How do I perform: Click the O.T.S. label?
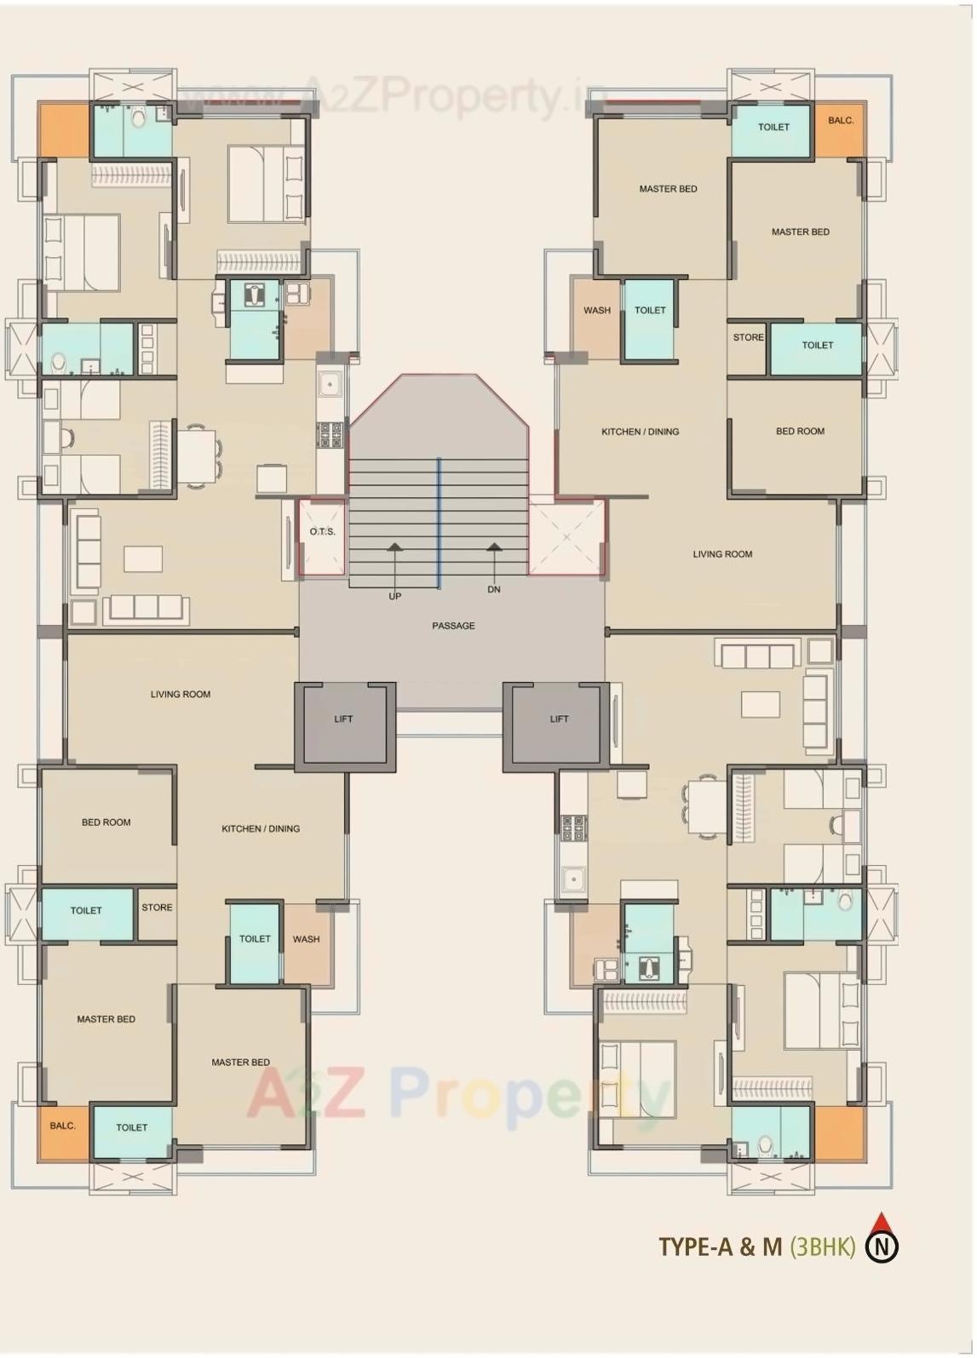tap(322, 532)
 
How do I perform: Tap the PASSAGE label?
tap(453, 626)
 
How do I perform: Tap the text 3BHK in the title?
tap(823, 1247)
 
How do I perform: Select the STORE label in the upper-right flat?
tap(748, 338)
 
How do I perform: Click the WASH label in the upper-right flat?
tap(597, 311)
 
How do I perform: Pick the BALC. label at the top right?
tap(840, 121)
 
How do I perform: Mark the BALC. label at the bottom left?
tap(62, 1126)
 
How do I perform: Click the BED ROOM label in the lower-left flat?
tap(106, 822)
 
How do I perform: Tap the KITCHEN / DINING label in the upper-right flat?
tap(641, 432)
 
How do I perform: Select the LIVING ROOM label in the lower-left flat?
tap(181, 695)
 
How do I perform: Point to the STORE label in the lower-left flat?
tap(157, 908)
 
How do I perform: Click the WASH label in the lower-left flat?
tap(307, 940)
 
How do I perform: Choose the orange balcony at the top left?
tap(63, 130)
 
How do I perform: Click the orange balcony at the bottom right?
tap(840, 1133)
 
